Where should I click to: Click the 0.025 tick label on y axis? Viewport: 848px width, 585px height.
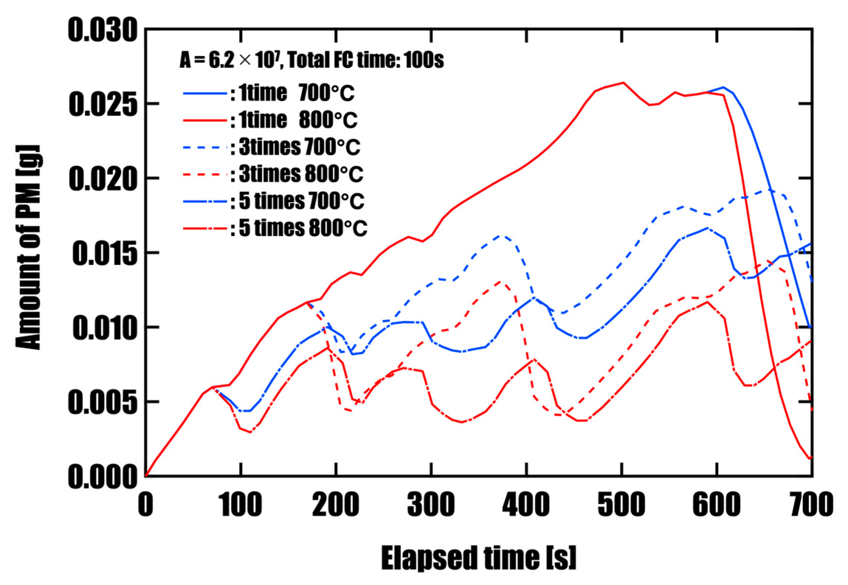(103, 104)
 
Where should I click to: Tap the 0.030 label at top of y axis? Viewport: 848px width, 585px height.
(103, 30)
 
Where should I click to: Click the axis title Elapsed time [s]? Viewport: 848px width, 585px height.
(478, 558)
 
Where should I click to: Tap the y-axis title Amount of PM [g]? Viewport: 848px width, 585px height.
(29, 247)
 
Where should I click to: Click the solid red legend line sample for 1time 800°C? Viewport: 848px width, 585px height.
(205, 120)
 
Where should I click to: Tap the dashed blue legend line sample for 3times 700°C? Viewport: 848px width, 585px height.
(205, 147)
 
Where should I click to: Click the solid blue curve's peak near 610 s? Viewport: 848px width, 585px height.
(723, 87)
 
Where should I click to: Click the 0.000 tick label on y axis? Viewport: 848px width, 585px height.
(103, 477)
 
